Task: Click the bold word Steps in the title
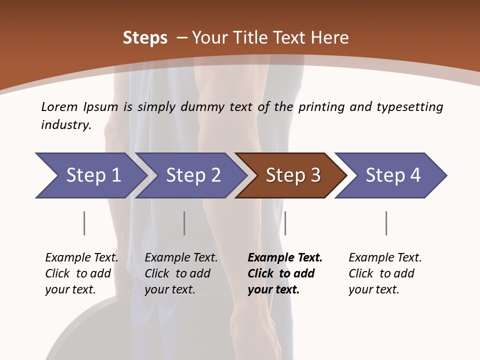tap(145, 38)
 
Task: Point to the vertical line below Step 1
tap(84, 223)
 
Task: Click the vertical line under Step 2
tap(184, 223)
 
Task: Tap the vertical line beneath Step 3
tap(285, 223)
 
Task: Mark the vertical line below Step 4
tap(386, 223)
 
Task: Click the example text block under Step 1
tap(81, 273)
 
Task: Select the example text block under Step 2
tap(181, 273)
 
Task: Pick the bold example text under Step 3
tap(285, 273)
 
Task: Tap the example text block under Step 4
tap(385, 273)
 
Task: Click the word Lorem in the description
tap(59, 107)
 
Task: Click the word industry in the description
tap(66, 125)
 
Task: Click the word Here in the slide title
tap(330, 38)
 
